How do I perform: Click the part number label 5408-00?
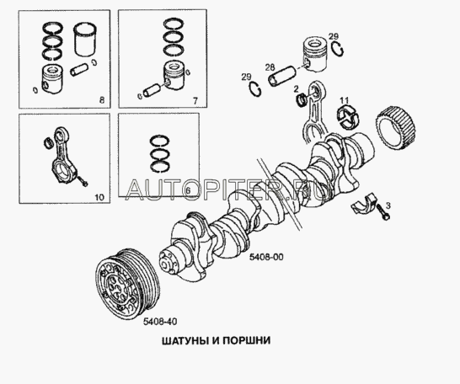point(266,257)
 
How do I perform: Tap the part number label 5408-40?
point(160,322)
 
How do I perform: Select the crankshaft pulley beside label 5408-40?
point(128,287)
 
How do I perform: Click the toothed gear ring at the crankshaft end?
point(395,130)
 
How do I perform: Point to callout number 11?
point(345,100)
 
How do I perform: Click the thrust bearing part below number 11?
point(348,116)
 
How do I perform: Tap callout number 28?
point(270,67)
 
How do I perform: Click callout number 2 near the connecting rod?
point(296,88)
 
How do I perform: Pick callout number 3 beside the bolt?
point(388,205)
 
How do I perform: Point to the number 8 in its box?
point(102,100)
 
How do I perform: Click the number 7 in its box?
point(195,101)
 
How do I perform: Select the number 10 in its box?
point(99,197)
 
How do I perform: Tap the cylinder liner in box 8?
point(85,39)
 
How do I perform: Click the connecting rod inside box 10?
point(65,155)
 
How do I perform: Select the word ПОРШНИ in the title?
point(246,341)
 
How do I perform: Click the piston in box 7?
point(174,76)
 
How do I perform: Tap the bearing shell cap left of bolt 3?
point(364,203)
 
